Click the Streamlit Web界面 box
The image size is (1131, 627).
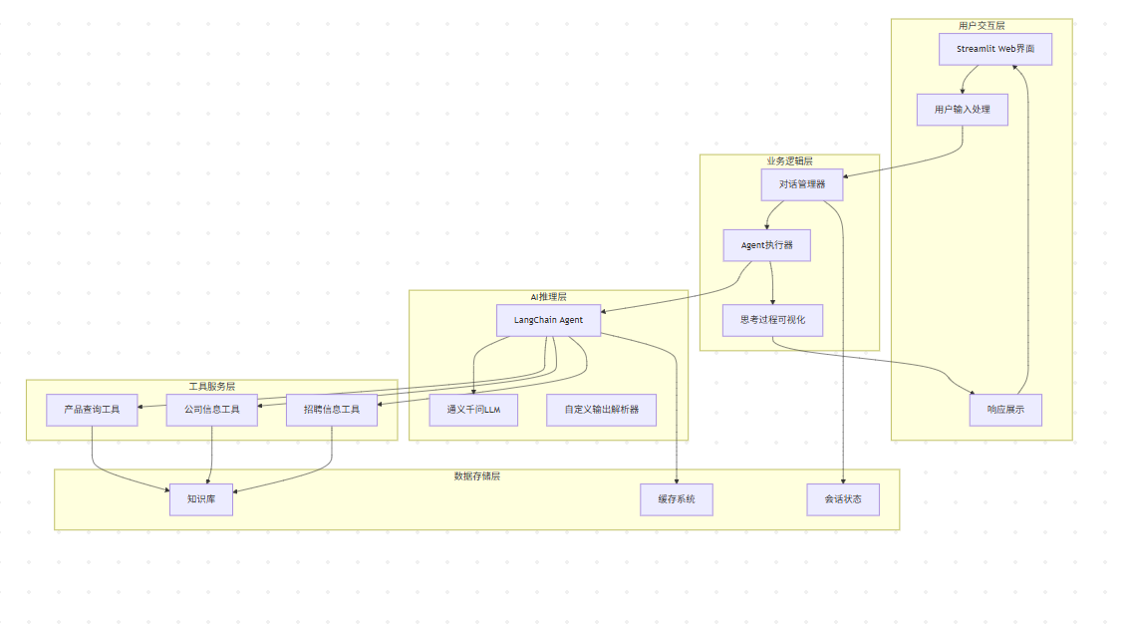tap(994, 49)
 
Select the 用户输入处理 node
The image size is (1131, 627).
tap(962, 110)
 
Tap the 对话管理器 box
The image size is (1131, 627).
tap(801, 184)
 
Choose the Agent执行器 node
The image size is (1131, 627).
tap(766, 245)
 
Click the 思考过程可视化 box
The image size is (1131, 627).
tap(772, 320)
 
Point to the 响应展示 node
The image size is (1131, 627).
tap(1005, 410)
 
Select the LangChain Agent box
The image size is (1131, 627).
tap(548, 320)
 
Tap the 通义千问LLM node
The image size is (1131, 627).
tap(473, 410)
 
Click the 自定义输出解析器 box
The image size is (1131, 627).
tap(601, 410)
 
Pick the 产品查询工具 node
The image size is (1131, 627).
tap(92, 410)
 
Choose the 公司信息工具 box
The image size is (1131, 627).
tap(211, 410)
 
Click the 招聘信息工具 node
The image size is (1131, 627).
tap(331, 410)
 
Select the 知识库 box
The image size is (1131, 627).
tap(201, 499)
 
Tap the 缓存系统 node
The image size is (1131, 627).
tap(677, 499)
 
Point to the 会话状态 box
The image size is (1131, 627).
tap(843, 499)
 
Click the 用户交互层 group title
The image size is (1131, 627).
tap(982, 25)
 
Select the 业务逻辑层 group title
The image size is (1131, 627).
tap(789, 160)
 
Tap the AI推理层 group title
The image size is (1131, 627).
tap(548, 296)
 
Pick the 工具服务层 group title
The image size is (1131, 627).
tap(211, 386)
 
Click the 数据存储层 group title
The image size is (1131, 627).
tap(476, 475)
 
